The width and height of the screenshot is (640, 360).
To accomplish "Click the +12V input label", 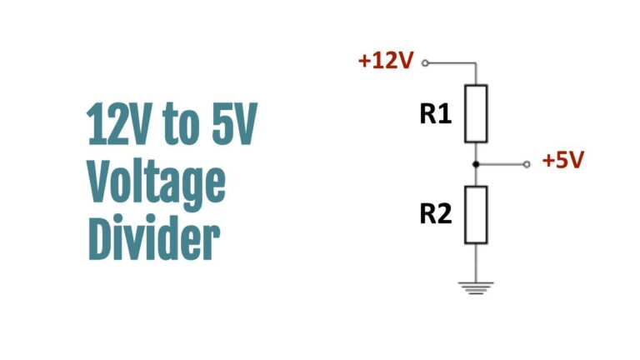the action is (386, 60).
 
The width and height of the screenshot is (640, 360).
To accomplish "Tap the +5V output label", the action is (563, 160).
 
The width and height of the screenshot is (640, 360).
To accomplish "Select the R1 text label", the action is (436, 113).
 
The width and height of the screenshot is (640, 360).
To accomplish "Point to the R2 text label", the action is (436, 213).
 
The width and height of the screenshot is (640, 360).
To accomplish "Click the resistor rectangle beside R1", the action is (476, 113).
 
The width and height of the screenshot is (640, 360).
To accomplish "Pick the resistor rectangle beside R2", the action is (476, 215).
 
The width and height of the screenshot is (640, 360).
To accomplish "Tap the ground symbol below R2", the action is (476, 287).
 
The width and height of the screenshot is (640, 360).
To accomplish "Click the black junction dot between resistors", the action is (476, 164).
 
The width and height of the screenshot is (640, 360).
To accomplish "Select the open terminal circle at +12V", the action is (425, 62).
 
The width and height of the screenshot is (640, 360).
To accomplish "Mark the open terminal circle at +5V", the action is (527, 164).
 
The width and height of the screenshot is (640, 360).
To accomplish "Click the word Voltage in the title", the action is (157, 182).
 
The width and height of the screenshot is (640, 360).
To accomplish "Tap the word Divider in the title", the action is (154, 237).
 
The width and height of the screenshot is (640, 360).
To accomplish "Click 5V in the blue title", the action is (234, 123).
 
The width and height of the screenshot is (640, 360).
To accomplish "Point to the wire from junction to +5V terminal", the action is (501, 164).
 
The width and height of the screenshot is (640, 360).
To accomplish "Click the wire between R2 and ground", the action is (476, 262).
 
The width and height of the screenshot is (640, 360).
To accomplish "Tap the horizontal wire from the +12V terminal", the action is (452, 62).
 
